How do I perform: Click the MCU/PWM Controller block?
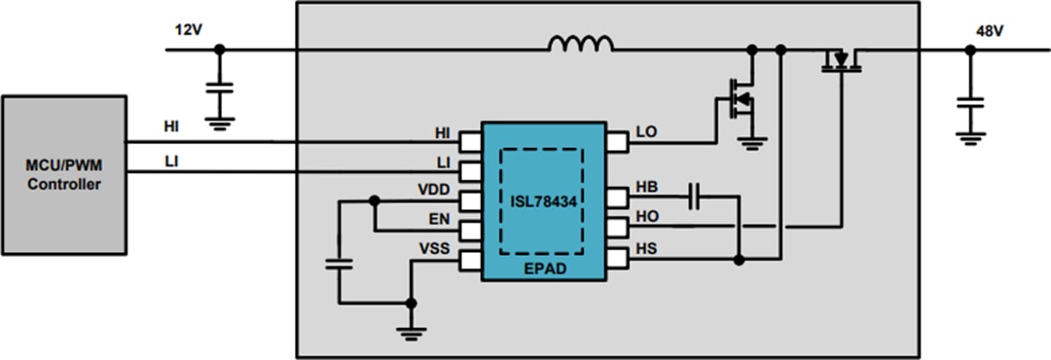[63, 176]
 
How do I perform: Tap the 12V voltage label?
[189, 30]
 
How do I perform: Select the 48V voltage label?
[990, 30]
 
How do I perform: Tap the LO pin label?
[647, 131]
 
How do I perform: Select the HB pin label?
[647, 186]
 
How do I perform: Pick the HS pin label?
[647, 249]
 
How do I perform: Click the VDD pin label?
[434, 189]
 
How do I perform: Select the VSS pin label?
[434, 249]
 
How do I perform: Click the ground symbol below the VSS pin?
[412, 331]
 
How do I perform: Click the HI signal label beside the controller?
[171, 127]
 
